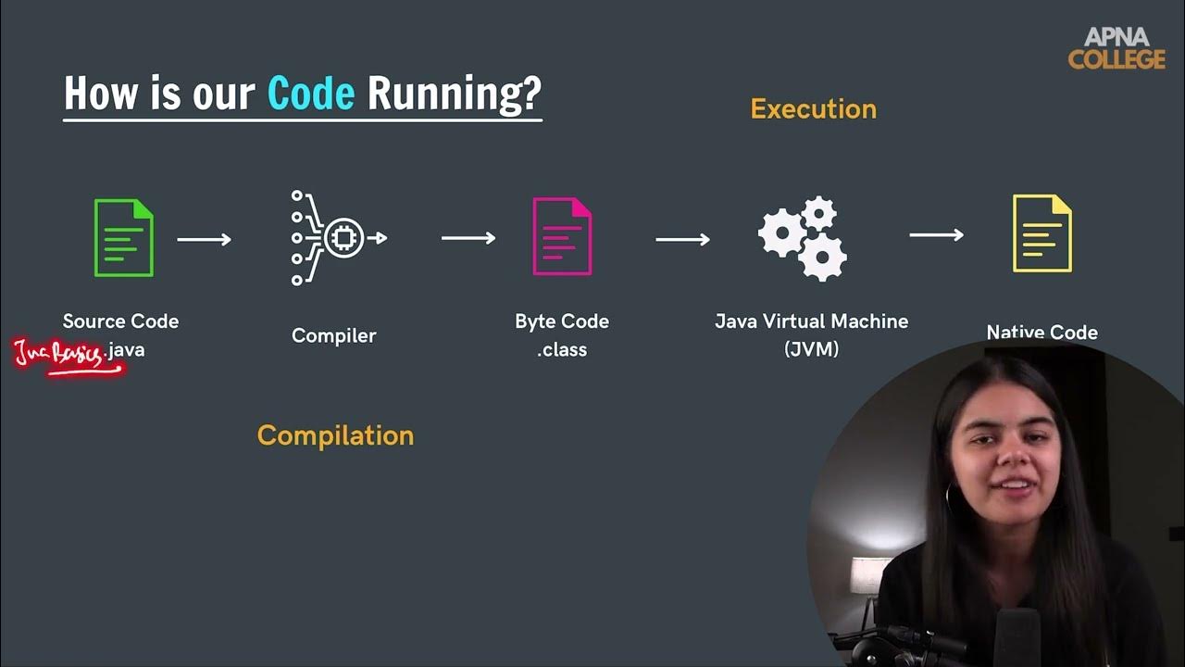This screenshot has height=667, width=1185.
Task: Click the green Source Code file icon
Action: (x=123, y=238)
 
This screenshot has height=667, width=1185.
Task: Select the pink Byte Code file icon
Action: (x=562, y=237)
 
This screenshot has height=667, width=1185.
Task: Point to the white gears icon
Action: (x=803, y=238)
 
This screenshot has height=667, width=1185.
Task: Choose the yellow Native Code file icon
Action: (x=1042, y=233)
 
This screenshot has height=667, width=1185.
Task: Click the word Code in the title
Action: (x=310, y=94)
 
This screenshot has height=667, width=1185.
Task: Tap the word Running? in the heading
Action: (x=454, y=94)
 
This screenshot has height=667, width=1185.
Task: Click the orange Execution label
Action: (x=813, y=109)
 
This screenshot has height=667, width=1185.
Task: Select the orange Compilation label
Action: (x=335, y=435)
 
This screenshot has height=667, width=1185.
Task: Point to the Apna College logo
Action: (x=1116, y=48)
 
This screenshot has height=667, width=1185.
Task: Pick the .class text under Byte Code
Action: (x=562, y=350)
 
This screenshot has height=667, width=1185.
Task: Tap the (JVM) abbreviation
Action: (x=811, y=350)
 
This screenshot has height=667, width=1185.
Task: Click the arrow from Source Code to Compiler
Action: (x=204, y=239)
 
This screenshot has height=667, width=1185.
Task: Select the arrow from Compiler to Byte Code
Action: (x=468, y=238)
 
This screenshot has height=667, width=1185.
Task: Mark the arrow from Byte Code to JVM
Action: (x=682, y=239)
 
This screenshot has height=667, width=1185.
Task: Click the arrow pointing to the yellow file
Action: (x=936, y=235)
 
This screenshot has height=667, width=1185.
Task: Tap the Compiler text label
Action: (x=333, y=335)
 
